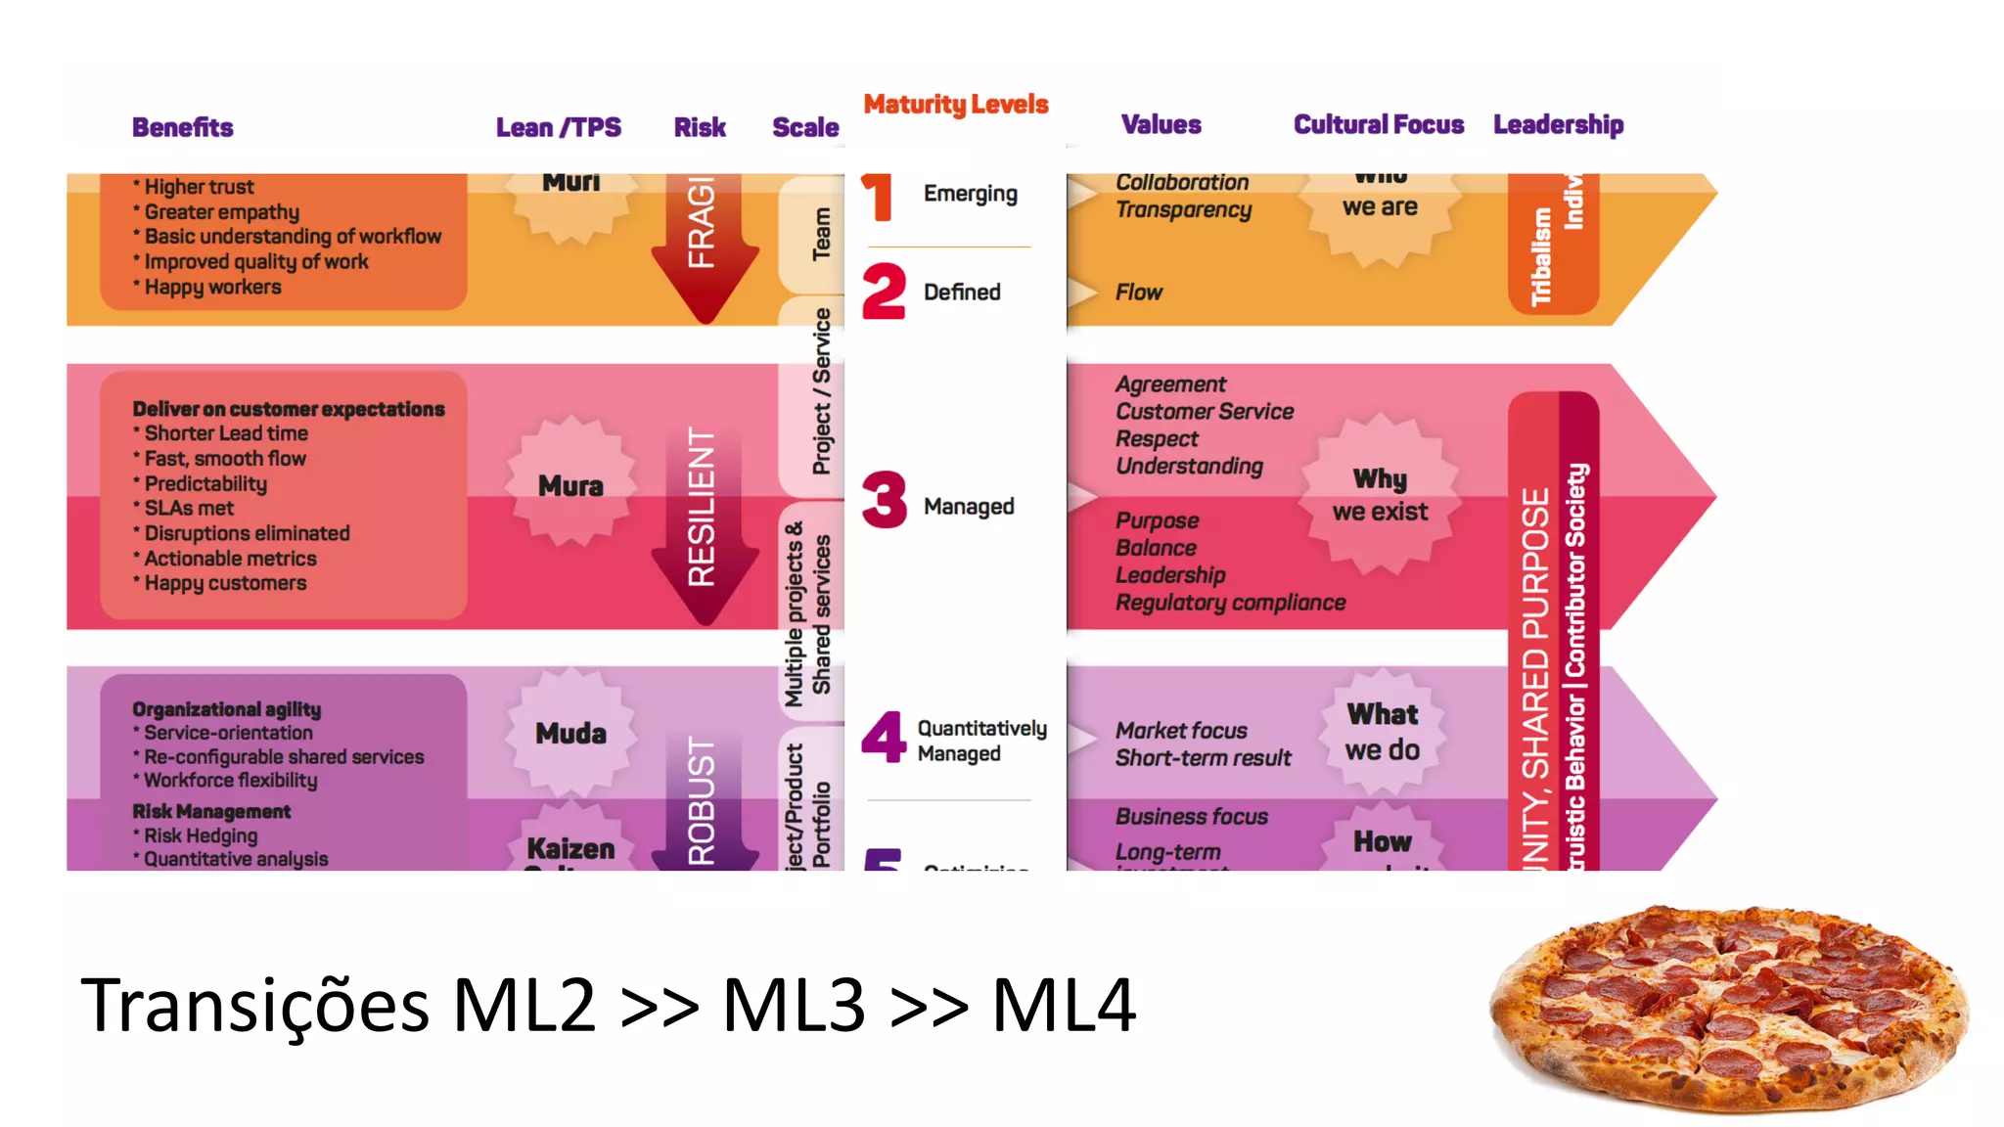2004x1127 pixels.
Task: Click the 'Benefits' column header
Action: point(183,127)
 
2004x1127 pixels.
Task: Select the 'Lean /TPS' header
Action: point(558,127)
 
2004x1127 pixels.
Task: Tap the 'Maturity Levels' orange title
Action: point(955,105)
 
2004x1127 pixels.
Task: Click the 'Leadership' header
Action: point(1558,125)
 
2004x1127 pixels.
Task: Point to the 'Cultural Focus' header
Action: point(1378,125)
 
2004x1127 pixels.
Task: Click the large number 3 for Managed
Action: point(885,500)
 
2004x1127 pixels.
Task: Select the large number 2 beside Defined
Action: point(884,292)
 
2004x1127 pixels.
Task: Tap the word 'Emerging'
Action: point(970,194)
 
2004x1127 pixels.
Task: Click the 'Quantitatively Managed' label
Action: point(981,741)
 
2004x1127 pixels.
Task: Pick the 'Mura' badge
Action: point(570,485)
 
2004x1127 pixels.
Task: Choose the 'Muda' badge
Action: point(570,733)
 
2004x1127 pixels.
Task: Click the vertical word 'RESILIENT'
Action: point(702,507)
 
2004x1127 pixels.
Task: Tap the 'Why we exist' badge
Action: point(1380,495)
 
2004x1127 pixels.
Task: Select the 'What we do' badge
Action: point(1382,732)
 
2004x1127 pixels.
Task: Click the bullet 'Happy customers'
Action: point(225,583)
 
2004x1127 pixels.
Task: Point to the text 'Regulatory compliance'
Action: point(1230,603)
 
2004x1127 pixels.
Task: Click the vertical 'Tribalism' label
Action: point(1541,256)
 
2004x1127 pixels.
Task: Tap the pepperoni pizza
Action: point(1728,1008)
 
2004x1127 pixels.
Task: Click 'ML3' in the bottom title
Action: point(794,1005)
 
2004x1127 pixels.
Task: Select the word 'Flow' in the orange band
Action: point(1139,293)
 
